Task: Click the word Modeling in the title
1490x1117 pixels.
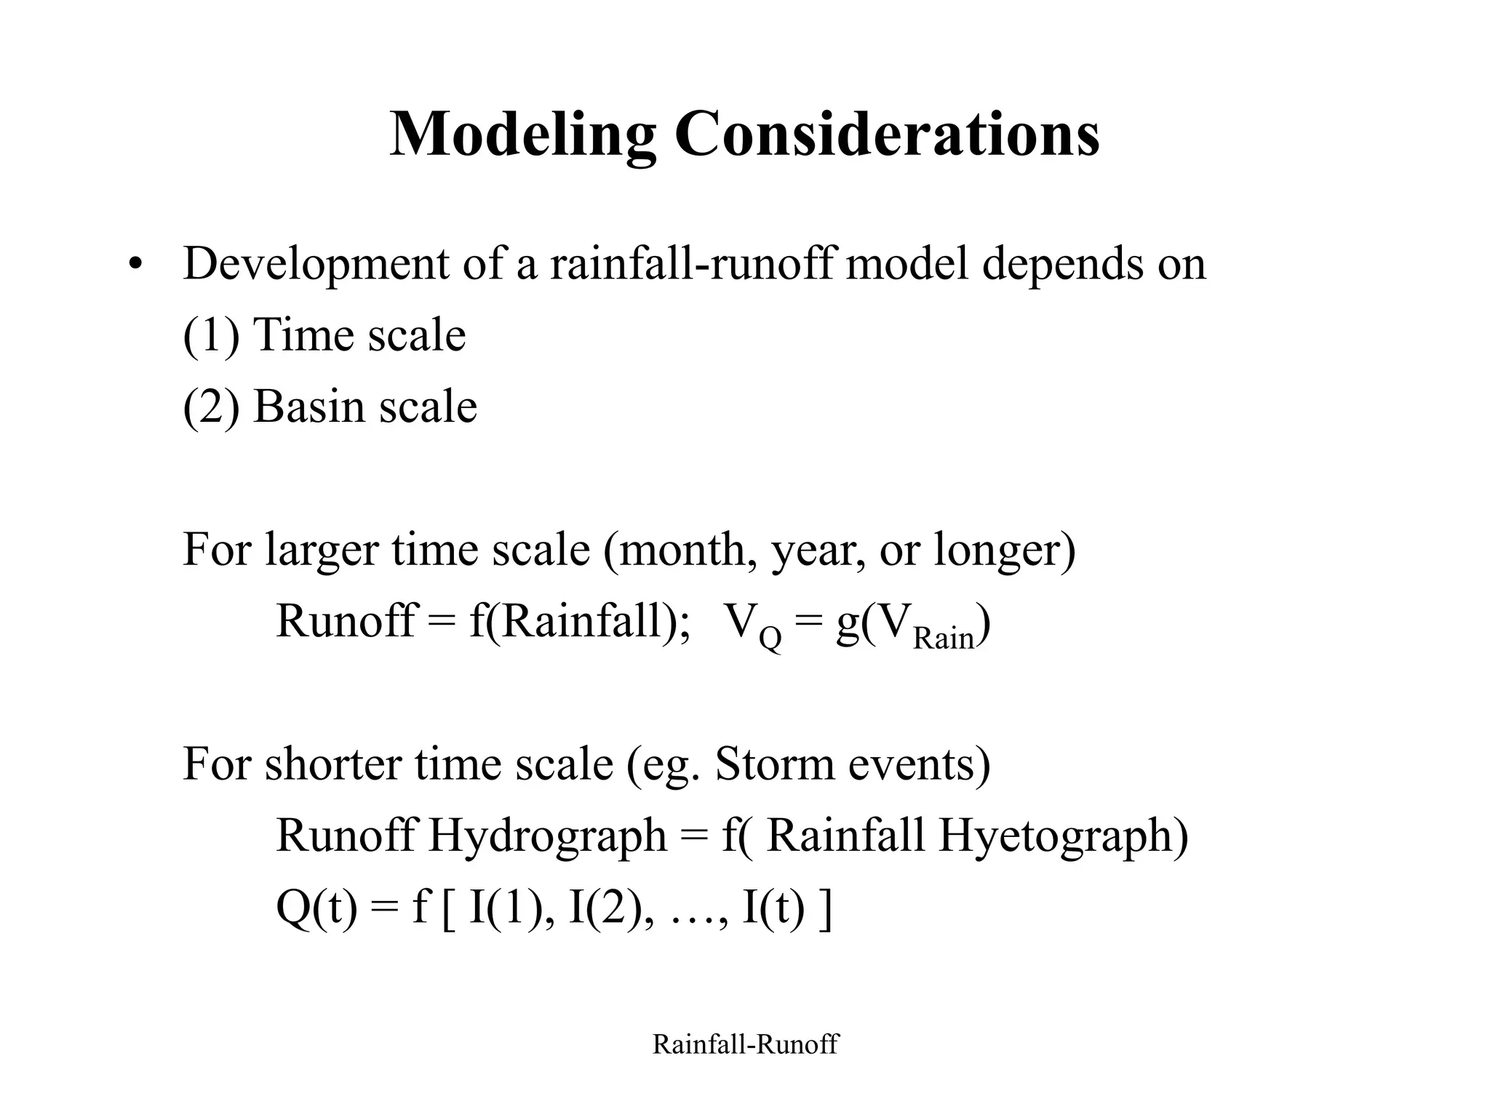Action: [x=522, y=135]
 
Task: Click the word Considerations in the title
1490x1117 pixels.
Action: [x=887, y=135]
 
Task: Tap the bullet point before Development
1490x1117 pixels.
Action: [x=133, y=265]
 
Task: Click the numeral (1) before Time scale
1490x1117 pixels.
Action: [x=211, y=335]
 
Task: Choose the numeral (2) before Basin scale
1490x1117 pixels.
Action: [x=211, y=407]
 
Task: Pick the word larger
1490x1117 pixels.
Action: [x=321, y=550]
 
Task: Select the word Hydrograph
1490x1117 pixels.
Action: [x=547, y=836]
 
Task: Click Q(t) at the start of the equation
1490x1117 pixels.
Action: [x=317, y=908]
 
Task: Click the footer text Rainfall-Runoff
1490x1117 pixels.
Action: [x=745, y=1045]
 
